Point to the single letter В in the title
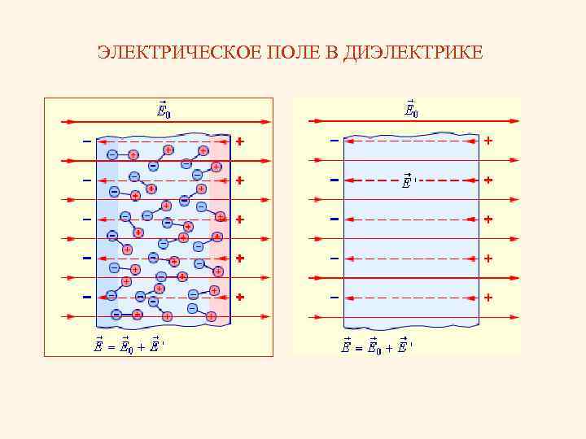(x=335, y=54)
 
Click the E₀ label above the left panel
(x=163, y=110)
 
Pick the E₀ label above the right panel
(x=412, y=110)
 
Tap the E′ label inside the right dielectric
(x=409, y=181)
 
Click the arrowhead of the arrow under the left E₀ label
(x=265, y=122)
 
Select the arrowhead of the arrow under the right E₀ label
(x=514, y=122)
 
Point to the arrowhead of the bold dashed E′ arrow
(x=351, y=180)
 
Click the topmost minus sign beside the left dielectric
(x=86, y=141)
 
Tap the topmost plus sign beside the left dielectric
(x=239, y=141)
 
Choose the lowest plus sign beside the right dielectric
(x=488, y=298)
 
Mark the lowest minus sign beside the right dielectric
(x=334, y=298)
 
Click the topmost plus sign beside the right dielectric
(x=488, y=141)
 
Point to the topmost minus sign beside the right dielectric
(x=334, y=141)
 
